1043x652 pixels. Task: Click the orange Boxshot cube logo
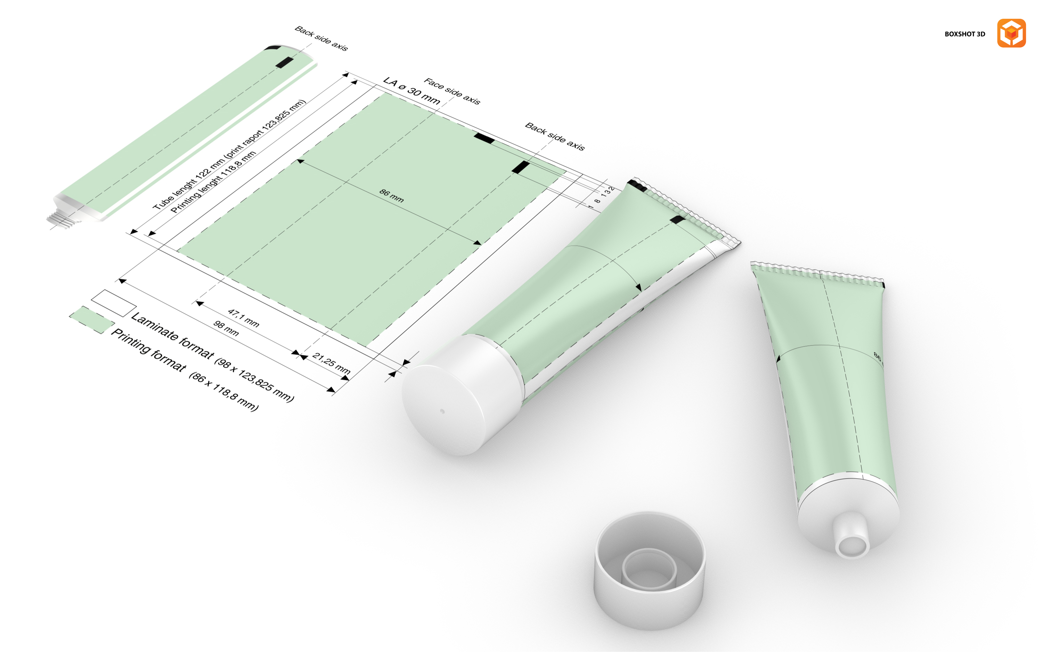click(x=1011, y=33)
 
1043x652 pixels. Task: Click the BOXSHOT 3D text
click(x=964, y=34)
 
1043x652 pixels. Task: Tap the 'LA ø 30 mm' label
click(x=412, y=91)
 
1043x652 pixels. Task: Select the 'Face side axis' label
click(x=451, y=91)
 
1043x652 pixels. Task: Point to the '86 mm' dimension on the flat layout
click(x=391, y=196)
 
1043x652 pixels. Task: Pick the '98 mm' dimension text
click(x=226, y=328)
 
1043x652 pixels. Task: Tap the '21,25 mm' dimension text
click(x=331, y=363)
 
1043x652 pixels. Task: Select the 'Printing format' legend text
click(x=149, y=350)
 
